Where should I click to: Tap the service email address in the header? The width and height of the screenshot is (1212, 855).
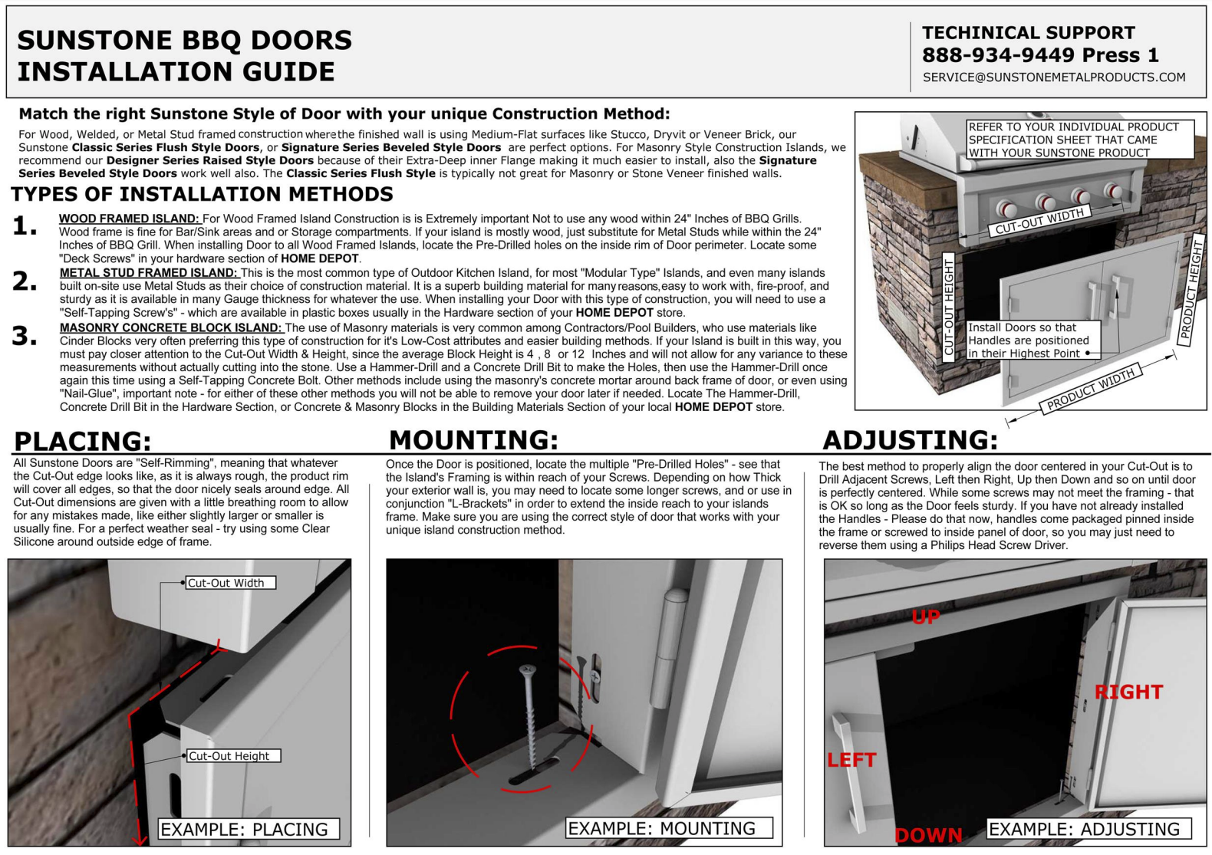1053,77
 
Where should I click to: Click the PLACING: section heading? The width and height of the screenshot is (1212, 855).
83,442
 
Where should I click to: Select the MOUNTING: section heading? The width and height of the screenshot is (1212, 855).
473,440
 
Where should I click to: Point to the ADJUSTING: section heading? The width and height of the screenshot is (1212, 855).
910,440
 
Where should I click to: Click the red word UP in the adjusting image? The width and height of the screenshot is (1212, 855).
926,617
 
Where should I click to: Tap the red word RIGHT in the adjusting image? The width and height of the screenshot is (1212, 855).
1128,692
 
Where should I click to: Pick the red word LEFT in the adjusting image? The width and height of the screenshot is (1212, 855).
851,760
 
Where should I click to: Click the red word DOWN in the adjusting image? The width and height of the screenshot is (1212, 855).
928,835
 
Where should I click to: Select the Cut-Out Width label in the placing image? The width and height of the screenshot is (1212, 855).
229,583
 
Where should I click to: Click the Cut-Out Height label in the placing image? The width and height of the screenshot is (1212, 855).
232,756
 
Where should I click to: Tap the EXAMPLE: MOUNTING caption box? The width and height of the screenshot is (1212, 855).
668,829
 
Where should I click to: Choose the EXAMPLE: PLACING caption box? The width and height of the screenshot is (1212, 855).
248,830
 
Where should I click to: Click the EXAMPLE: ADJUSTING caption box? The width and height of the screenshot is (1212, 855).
1088,829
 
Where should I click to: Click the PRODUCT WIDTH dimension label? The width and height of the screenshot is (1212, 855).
1090,390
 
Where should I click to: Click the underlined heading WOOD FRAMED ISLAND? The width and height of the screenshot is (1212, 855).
129,219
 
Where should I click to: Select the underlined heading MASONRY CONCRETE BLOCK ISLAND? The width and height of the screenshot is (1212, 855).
170,328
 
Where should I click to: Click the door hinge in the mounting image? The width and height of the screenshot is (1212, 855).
666,648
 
